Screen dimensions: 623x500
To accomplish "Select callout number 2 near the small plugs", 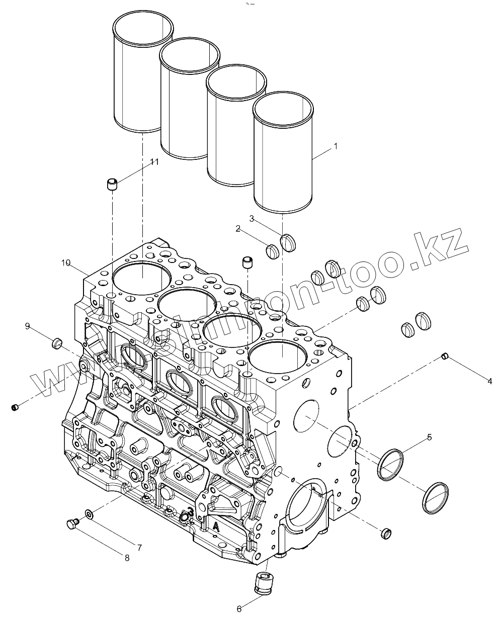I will pos(238,229).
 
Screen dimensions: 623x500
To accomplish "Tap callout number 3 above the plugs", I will pos(252,218).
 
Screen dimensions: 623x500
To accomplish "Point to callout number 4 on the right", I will pos(489,381).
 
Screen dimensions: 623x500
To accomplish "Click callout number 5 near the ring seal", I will pos(429,437).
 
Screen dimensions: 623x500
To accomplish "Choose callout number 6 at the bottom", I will pos(239,609).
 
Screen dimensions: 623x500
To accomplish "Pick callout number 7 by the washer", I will pos(139,547).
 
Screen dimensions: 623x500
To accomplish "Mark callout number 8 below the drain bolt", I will pos(127,557).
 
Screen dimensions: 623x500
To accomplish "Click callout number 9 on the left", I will pos(28,326).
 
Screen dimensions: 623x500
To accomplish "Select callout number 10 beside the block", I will pos(66,262).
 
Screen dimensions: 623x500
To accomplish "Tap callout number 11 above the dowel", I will pos(154,161).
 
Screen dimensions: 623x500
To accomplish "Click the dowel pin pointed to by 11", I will pos(112,184).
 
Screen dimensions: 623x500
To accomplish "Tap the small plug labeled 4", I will pos(444,357).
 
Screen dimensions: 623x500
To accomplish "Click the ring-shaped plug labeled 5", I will pos(391,466).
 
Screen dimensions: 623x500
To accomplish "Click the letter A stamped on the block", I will pos(216,526).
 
